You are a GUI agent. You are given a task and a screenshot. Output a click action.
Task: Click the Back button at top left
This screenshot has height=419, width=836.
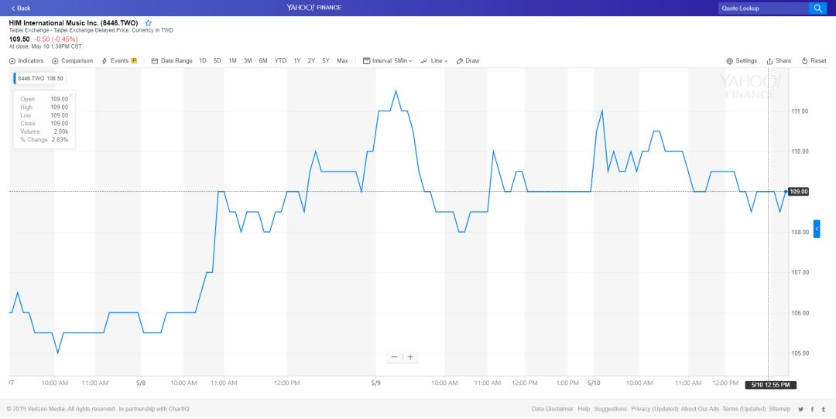point(21,8)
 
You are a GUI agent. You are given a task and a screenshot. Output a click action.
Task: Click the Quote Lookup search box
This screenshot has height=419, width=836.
point(762,9)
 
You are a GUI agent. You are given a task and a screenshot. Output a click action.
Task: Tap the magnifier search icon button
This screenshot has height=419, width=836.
point(817,9)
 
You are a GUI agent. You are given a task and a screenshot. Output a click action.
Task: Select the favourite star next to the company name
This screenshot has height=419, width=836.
point(149,23)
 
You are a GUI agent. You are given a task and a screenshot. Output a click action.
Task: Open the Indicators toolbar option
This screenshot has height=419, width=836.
point(26,61)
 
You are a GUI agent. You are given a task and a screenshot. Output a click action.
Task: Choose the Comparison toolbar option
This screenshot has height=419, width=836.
point(73,61)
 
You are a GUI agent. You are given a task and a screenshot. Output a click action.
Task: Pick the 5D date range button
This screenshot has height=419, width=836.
point(218,61)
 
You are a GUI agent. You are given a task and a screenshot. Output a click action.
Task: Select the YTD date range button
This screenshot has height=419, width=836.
point(280,61)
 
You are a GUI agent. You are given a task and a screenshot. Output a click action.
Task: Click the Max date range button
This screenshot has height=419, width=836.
point(342,61)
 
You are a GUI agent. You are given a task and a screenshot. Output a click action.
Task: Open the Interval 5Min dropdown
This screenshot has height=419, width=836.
point(388,61)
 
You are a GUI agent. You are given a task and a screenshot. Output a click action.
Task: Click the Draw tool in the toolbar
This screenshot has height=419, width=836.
point(468,61)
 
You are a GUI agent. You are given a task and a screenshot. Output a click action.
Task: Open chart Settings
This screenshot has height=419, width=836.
point(742,61)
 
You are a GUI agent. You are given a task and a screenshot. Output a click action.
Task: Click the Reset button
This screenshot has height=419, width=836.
point(814,61)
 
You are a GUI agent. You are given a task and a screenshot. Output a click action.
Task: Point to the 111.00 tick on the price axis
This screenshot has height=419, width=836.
point(800,111)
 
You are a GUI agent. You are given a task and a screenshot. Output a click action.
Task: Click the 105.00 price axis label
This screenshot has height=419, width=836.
point(800,353)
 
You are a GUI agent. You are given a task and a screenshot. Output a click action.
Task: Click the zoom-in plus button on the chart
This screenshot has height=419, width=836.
point(410,357)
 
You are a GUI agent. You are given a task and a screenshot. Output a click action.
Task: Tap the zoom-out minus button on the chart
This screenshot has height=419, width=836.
point(395,357)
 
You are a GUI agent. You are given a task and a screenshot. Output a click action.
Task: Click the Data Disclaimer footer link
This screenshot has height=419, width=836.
point(553,409)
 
